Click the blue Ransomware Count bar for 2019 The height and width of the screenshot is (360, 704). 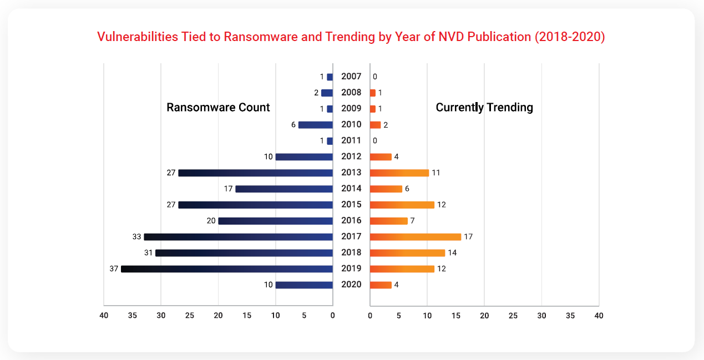pos(226,269)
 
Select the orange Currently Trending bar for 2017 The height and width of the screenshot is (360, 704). pos(416,237)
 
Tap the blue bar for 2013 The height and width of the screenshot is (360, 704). pos(255,173)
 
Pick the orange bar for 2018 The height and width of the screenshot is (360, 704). pos(407,253)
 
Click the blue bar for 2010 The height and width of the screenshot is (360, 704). pos(315,125)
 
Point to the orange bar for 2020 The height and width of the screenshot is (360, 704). pos(381,285)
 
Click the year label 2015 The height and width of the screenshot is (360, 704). pos(351,205)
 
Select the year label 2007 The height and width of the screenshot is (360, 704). pos(351,77)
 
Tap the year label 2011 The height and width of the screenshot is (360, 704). pos(351,141)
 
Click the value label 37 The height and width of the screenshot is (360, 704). pos(114,269)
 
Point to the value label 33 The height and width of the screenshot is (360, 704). pos(136,237)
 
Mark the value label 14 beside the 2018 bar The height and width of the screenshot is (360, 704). pos(452,253)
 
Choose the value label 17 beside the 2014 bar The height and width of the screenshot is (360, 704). pos(228,189)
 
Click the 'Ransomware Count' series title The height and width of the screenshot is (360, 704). pos(218,108)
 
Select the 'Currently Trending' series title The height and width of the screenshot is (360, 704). pos(484,108)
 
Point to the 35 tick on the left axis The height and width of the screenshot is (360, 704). pos(133,316)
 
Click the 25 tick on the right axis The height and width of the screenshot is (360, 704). pos(513,316)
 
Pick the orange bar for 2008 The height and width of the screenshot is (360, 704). pos(373,93)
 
